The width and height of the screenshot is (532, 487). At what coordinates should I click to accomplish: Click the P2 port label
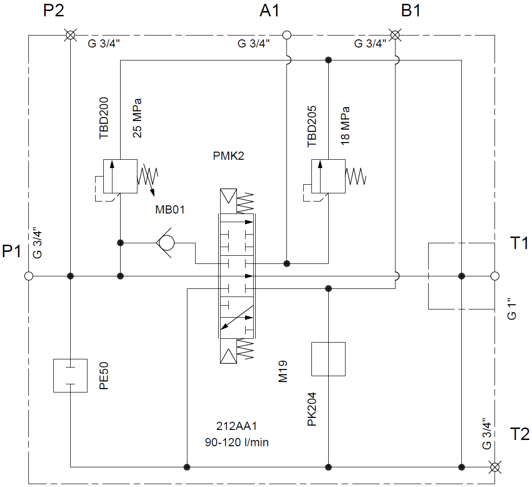pos(53,11)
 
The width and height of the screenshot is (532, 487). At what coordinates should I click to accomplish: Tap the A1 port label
pos(270,11)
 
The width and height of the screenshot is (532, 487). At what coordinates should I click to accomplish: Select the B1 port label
pos(411,11)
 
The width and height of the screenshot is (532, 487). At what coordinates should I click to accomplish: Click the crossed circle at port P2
pos(70,35)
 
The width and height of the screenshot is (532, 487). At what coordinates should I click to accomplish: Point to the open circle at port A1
pos(287,35)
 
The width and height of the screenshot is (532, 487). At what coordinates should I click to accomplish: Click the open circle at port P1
pos(29,276)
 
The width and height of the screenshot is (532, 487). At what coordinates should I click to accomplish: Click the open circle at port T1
pos(495,276)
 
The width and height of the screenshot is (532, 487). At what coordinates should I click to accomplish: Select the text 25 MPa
pos(137,118)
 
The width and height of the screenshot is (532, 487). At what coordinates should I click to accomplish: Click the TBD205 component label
pos(312,125)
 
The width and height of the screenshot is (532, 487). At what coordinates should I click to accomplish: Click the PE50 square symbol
pos(70,375)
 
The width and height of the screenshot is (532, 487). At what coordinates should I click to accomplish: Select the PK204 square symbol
pos(328,359)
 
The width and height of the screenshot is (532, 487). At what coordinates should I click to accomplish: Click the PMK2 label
pos(229,156)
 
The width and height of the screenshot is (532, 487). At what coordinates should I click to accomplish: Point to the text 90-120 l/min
pos(237,442)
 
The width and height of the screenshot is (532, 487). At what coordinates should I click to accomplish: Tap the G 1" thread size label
pos(512,309)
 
